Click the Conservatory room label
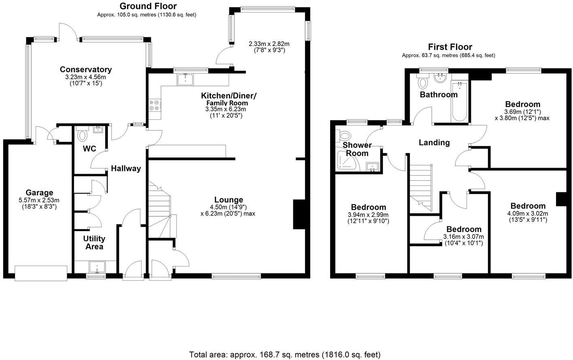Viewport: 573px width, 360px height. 86,70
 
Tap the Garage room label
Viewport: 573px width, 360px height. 39,193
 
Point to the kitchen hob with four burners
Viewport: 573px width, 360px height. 155,106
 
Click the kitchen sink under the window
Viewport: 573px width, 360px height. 185,80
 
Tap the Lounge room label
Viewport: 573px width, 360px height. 229,200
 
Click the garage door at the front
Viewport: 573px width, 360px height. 41,273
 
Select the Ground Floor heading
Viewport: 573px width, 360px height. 148,6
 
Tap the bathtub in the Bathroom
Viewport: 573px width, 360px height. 459,101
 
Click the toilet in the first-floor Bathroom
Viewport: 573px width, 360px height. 423,83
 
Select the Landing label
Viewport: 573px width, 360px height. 434,143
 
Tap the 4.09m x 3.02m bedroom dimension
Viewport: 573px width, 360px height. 528,213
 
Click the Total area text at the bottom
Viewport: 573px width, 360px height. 285,355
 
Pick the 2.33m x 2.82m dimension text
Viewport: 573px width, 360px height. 269,44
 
